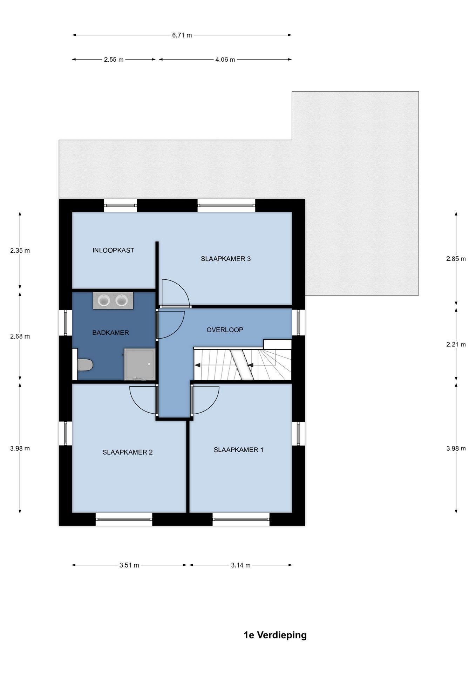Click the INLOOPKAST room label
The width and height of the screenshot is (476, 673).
click(x=113, y=250)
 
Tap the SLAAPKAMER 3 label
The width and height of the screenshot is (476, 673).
click(x=225, y=259)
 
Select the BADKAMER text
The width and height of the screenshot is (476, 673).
click(x=110, y=333)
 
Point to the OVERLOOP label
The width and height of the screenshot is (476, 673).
click(x=225, y=329)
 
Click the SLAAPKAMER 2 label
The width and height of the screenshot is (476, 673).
click(x=128, y=452)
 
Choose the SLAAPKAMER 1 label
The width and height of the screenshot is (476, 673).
click(x=238, y=450)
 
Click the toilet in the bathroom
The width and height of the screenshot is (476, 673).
click(x=85, y=365)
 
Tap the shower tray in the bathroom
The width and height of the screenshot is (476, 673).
click(x=139, y=364)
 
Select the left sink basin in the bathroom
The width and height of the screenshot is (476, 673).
click(x=104, y=300)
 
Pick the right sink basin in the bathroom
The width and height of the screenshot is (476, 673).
click(x=122, y=300)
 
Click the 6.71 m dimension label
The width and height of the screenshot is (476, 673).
click(x=182, y=35)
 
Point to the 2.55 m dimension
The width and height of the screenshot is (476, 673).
click(x=114, y=60)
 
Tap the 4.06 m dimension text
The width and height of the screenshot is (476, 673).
click(x=225, y=60)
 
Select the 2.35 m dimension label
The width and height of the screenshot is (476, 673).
click(x=20, y=251)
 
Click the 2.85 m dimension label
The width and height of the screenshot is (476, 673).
click(x=456, y=259)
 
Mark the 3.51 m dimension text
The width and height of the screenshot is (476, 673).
click(x=129, y=565)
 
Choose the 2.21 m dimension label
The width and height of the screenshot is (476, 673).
click(x=456, y=345)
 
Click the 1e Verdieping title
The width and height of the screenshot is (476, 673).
click(x=275, y=635)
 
